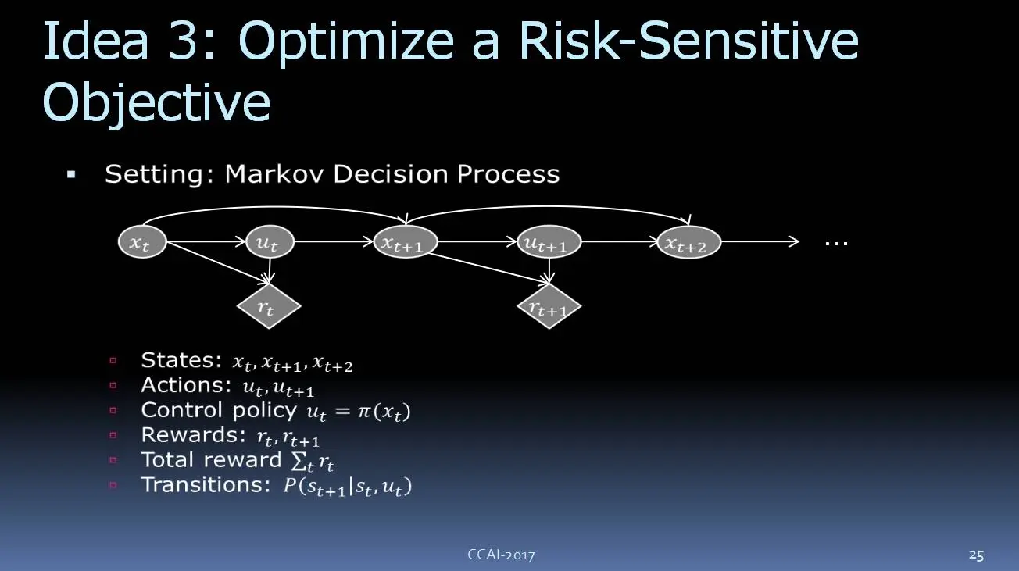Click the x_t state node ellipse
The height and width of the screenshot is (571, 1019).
[142, 241]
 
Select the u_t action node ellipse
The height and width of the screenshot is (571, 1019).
[270, 241]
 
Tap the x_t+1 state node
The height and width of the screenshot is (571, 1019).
[406, 241]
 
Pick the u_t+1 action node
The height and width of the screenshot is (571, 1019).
[549, 241]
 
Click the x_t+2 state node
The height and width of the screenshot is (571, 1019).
[688, 241]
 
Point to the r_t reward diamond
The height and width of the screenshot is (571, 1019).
[269, 306]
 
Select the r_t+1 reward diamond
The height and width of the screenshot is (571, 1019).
[549, 306]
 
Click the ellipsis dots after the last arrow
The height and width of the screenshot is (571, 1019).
[836, 244]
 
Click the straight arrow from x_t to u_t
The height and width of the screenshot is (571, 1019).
[206, 241]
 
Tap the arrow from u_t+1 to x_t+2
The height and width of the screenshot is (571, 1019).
[619, 241]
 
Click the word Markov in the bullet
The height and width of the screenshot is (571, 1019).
[275, 173]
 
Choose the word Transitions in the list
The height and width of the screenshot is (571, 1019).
[206, 484]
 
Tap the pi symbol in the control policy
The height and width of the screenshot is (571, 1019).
[365, 412]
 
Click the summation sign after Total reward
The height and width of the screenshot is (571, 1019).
[299, 462]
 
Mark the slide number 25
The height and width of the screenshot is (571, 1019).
[976, 555]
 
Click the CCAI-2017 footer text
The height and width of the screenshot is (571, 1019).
[502, 555]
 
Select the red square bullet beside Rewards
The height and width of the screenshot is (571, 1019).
[113, 435]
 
